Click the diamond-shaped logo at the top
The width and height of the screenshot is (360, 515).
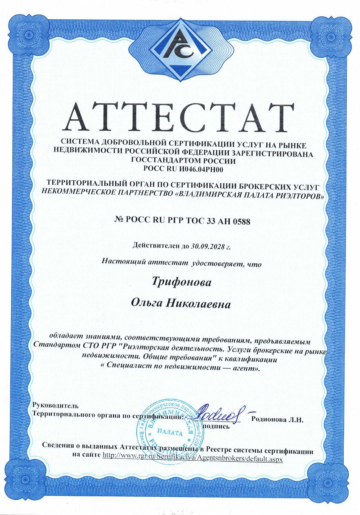click(x=180, y=49)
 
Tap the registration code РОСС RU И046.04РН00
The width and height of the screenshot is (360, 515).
click(x=183, y=169)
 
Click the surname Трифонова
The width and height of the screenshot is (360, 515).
click(x=181, y=282)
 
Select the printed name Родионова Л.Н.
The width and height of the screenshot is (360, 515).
click(x=277, y=420)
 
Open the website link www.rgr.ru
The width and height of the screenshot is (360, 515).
click(x=193, y=459)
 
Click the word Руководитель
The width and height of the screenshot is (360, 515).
click(x=55, y=406)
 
